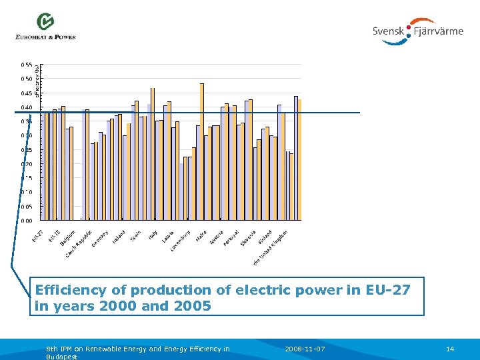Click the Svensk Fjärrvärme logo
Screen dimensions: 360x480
[x=418, y=31]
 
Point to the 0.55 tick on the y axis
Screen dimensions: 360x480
[x=27, y=65]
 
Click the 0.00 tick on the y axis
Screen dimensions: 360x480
[x=27, y=220]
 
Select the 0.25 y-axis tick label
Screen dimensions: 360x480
[x=27, y=149]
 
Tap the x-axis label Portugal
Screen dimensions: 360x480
[x=231, y=238]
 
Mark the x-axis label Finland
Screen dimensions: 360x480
[x=265, y=237]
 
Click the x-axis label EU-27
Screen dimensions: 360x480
[x=38, y=235]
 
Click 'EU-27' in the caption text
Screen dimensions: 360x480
[x=388, y=291]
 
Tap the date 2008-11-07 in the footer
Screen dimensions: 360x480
[x=305, y=349]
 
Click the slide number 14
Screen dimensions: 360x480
[x=450, y=349]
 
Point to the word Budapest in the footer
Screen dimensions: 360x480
[x=62, y=357]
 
